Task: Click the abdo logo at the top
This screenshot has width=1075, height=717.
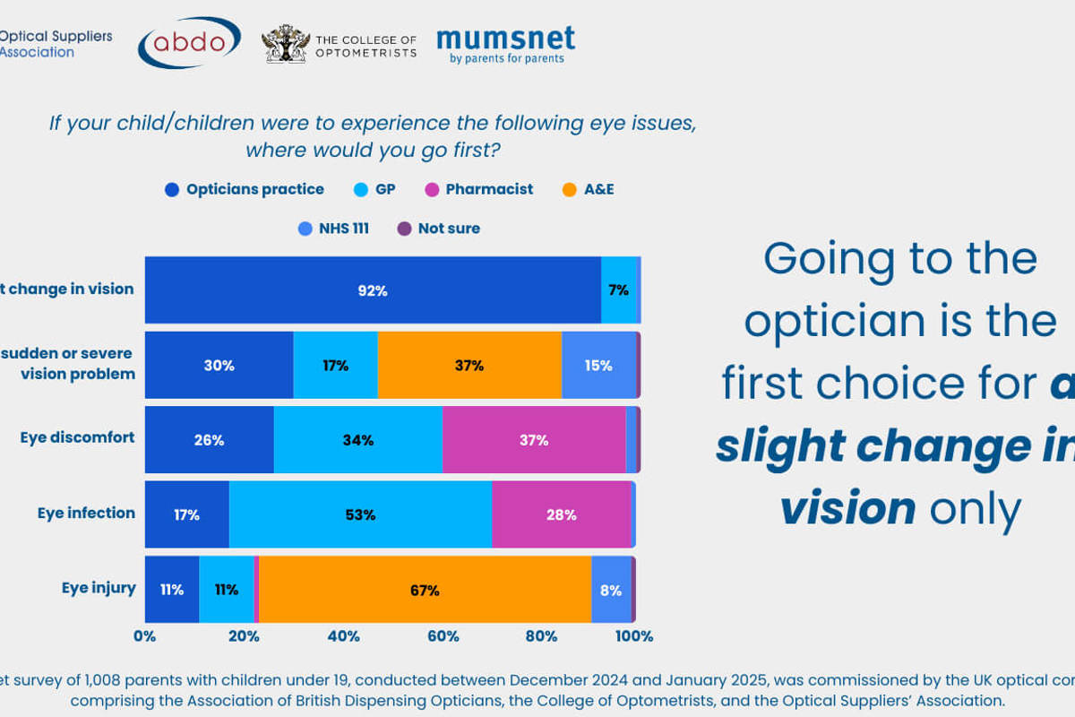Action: tap(189, 41)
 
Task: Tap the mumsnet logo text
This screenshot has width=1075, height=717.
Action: tap(505, 39)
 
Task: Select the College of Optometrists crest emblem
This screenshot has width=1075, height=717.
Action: tap(286, 43)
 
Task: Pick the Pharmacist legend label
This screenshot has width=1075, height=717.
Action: tap(489, 189)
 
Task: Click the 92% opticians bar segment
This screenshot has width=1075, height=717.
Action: tap(373, 290)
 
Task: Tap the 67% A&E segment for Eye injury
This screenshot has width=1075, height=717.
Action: tap(425, 590)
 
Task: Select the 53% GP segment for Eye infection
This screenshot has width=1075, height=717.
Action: tap(361, 514)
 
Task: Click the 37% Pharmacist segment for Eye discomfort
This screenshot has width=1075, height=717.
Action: tap(534, 440)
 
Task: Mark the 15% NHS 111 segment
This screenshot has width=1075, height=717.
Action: tap(598, 365)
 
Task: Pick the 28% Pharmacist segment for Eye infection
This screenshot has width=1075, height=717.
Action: tap(562, 514)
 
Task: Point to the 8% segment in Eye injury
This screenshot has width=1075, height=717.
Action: tap(611, 590)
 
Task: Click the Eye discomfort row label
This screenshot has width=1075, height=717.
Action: tap(77, 437)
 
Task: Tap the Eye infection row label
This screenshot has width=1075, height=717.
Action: tap(86, 513)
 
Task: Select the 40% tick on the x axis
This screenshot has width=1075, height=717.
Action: tap(344, 636)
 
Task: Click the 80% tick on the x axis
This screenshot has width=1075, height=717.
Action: tap(542, 636)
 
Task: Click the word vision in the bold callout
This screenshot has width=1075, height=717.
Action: tap(847, 509)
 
